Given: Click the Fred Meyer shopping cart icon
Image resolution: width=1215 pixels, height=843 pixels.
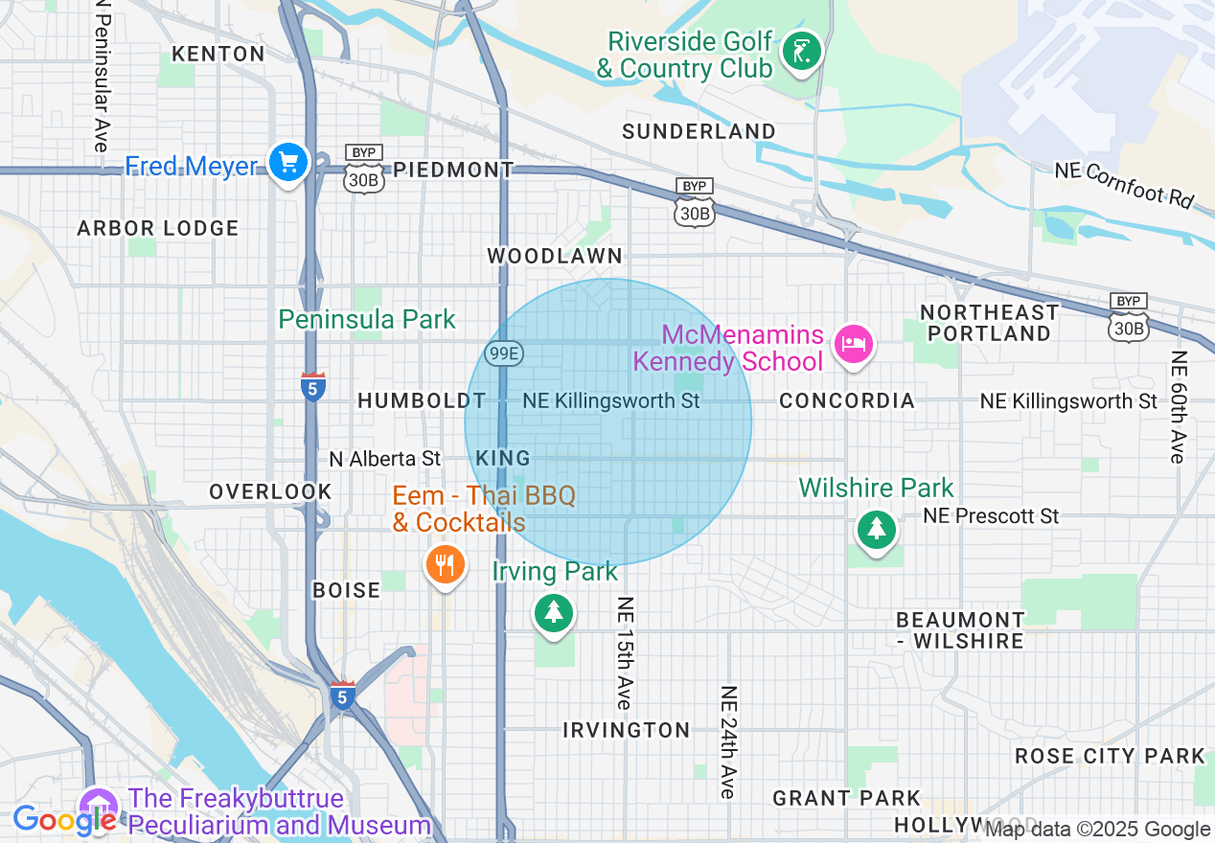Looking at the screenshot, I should point(287,163).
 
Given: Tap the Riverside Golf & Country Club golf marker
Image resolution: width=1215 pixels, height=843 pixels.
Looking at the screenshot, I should point(800,52).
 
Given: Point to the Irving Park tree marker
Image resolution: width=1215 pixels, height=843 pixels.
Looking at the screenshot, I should point(553,612).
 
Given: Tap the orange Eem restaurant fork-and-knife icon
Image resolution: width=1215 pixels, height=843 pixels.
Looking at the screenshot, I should point(445,564).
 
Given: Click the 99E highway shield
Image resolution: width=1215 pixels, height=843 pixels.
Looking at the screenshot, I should point(503,354).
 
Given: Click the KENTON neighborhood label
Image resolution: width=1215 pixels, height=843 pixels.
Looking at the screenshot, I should point(219,54).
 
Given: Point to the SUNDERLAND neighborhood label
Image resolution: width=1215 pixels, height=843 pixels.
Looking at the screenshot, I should point(699,131).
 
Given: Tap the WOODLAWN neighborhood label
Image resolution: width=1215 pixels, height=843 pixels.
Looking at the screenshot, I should point(555,256).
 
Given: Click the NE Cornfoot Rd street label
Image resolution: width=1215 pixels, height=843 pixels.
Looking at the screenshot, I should point(1125,184).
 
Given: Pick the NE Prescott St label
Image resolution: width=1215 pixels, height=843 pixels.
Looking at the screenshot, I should point(991,516).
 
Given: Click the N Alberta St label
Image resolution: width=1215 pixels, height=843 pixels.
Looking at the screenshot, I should point(384,459).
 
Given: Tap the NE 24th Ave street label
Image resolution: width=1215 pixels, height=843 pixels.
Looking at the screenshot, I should point(728,742).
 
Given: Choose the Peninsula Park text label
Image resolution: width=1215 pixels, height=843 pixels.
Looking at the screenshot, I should point(367,319).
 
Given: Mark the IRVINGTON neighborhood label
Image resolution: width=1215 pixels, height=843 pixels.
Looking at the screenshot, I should point(626,730).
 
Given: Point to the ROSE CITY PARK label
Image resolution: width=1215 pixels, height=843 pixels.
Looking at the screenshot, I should point(1110,756).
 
